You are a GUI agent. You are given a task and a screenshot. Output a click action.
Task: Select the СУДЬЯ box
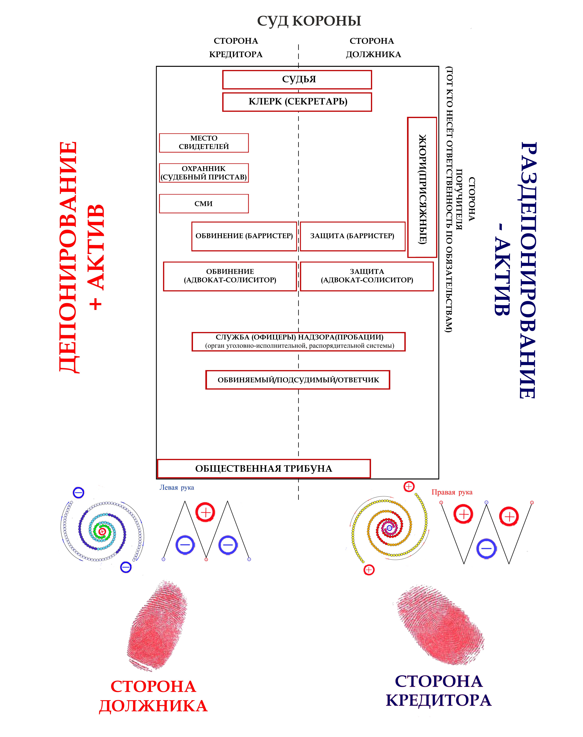(297, 80)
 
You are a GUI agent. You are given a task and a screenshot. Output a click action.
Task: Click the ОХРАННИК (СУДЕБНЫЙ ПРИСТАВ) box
(204, 173)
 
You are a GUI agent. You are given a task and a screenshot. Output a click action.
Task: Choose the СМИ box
(204, 204)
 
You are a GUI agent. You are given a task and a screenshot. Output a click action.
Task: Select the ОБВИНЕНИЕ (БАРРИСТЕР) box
(244, 236)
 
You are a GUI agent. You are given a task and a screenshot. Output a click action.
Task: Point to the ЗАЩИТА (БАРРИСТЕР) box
(352, 236)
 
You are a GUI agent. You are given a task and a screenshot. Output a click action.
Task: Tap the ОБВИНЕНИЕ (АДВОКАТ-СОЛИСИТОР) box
(230, 276)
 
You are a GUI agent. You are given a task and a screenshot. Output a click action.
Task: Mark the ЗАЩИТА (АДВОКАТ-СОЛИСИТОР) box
(367, 276)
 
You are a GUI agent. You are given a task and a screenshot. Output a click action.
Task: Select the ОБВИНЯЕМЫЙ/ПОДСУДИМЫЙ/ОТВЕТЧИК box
(298, 380)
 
